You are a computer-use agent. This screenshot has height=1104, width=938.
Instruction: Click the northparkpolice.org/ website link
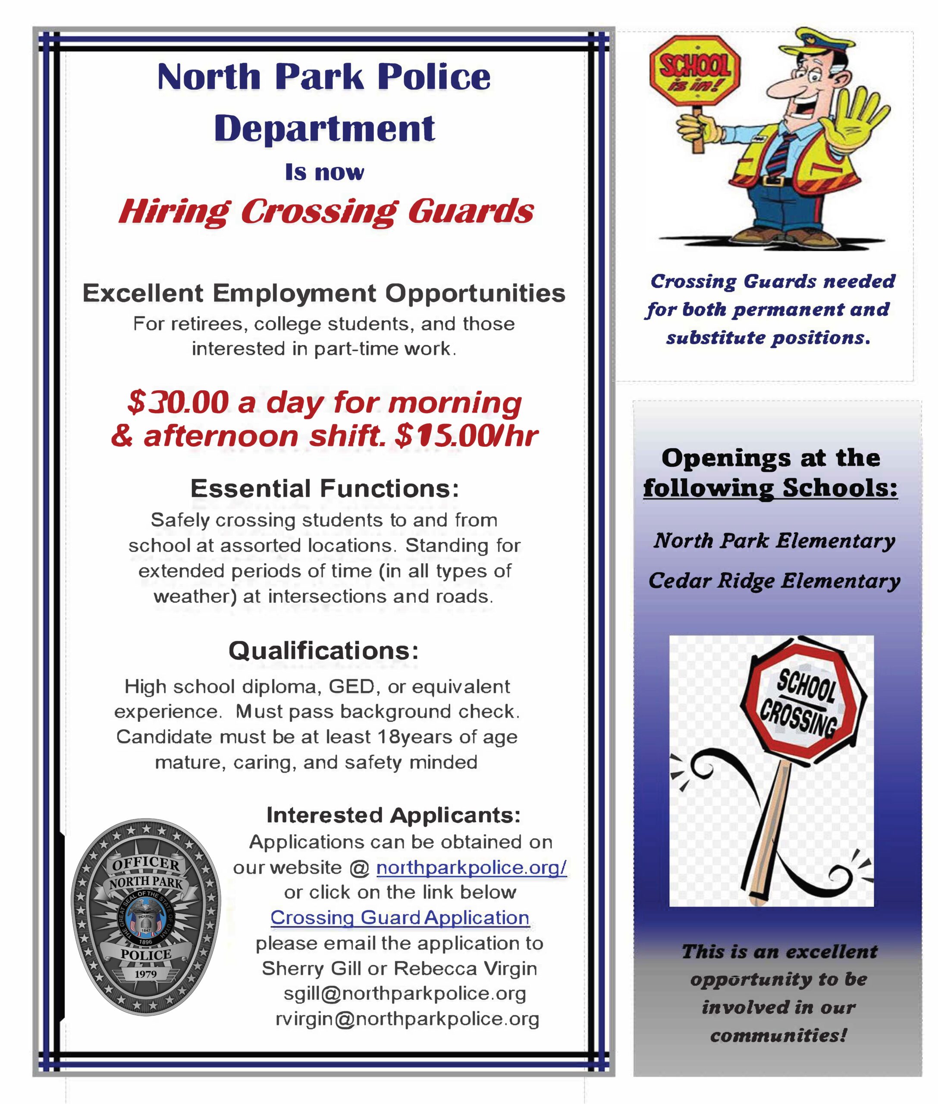coord(471,867)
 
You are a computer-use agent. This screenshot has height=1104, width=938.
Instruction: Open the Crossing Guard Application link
coord(400,917)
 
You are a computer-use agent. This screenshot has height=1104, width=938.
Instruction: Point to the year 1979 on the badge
coord(146,974)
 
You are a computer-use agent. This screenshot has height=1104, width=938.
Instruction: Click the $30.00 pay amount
coord(178,402)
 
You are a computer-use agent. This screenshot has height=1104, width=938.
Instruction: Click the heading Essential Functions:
coord(324,488)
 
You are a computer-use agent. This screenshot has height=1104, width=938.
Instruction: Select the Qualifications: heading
coord(323,650)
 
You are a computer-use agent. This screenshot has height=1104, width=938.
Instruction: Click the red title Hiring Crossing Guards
coord(326,211)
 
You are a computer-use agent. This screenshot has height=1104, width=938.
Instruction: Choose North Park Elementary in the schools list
coord(774,541)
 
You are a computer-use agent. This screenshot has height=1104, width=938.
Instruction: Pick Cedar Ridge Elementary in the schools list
coord(774,581)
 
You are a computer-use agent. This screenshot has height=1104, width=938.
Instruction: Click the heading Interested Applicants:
coord(393,815)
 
